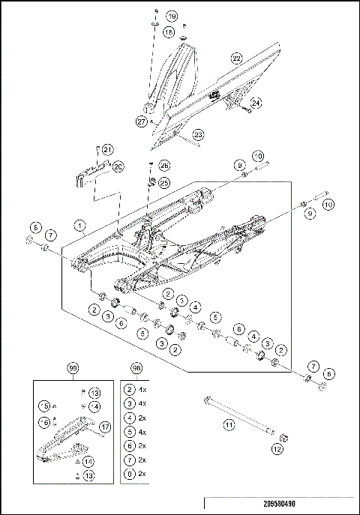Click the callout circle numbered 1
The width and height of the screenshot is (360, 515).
[x=80, y=224]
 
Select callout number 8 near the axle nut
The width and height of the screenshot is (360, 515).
[x=327, y=373]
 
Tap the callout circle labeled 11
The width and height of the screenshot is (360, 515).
[x=230, y=424]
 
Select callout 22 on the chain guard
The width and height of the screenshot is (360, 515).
[x=236, y=58]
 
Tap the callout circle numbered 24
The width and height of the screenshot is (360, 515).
[x=256, y=102]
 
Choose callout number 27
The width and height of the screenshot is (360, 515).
[x=141, y=120]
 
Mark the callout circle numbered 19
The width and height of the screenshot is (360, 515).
[x=171, y=16]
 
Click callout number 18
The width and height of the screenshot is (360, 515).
[x=168, y=32]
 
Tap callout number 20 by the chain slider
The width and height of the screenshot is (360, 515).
[x=118, y=166]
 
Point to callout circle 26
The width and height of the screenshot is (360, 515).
[x=165, y=166]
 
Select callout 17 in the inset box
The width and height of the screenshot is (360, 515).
[x=105, y=427]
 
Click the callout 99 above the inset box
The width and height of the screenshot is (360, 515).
[x=73, y=368]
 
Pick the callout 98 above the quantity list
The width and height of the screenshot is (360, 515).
[x=136, y=368]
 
